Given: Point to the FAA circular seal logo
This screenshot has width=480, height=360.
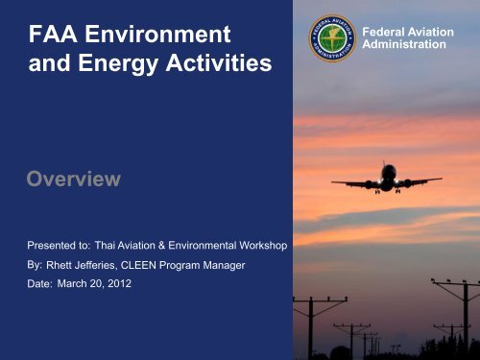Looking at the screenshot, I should [x=333, y=38].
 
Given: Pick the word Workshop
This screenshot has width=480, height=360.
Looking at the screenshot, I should [x=260, y=247].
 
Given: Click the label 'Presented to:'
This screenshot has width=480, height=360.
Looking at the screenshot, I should [x=51, y=247].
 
